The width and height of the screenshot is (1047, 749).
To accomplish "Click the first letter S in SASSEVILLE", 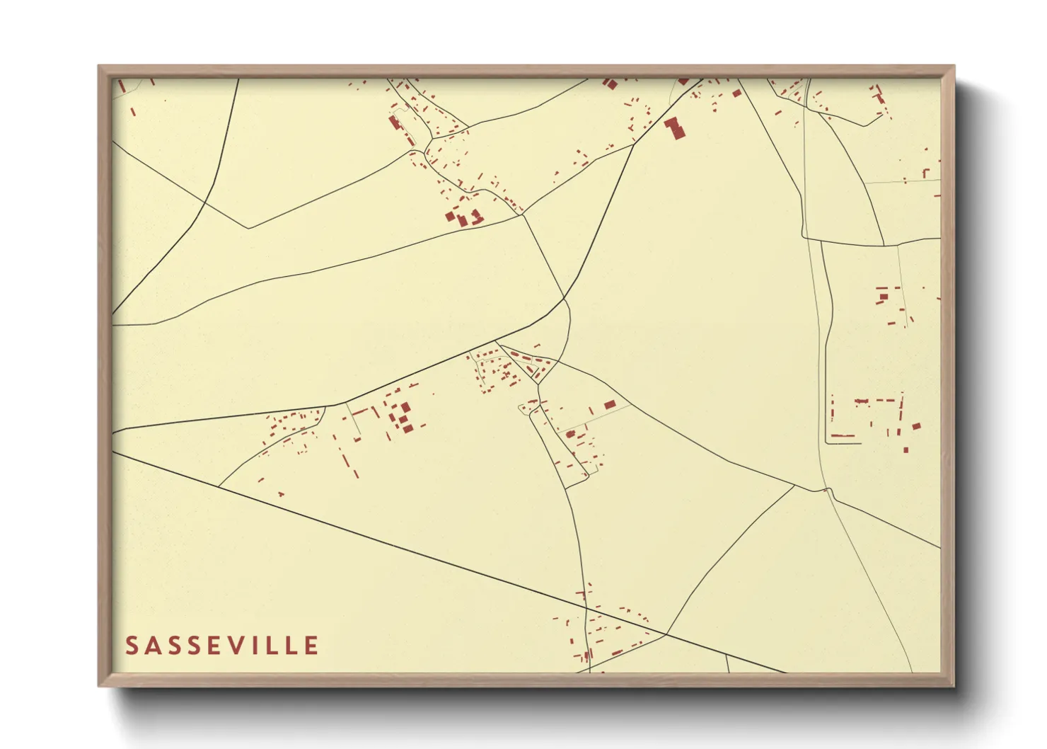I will click(x=132, y=646).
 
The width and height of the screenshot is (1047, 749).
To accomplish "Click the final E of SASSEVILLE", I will click(x=311, y=646).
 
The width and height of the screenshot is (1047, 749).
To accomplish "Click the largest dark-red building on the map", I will click(x=676, y=128).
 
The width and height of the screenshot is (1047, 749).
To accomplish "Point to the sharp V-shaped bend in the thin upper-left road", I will click(x=248, y=228).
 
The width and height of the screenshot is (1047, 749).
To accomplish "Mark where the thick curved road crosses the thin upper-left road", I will click(x=204, y=203).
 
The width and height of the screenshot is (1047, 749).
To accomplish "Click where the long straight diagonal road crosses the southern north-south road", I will click(x=586, y=607).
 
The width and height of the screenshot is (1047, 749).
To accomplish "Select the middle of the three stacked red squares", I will click(x=405, y=418).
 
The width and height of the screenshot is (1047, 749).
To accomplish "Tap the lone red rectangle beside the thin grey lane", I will click(x=610, y=405).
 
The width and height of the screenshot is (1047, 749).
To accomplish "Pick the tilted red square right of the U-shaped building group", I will click(x=917, y=426).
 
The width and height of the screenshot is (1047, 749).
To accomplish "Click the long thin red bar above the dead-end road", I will click(x=842, y=435).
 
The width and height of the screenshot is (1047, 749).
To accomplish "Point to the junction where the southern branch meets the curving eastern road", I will click(x=794, y=486).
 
